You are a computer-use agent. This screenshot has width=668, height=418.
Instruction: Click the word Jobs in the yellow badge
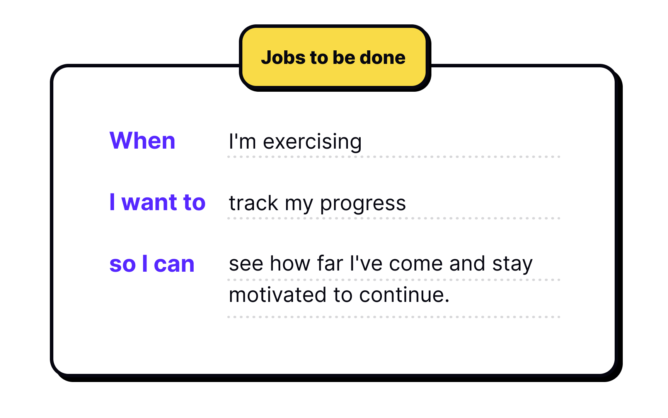tap(283, 58)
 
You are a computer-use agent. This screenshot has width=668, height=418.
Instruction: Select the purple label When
tap(142, 140)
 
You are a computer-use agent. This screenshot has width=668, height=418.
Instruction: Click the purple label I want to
tap(157, 202)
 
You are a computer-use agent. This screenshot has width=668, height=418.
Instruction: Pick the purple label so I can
tap(152, 264)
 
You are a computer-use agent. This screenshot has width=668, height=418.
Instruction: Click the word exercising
tap(312, 142)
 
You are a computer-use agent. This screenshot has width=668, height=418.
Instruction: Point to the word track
tap(254, 203)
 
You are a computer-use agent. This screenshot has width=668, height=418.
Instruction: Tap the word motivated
tap(278, 295)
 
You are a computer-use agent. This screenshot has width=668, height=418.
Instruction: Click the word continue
tap(404, 295)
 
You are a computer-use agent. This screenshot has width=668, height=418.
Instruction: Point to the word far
tap(330, 264)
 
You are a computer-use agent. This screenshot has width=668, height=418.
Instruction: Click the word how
tap(290, 264)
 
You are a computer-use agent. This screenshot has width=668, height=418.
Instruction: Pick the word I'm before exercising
tap(242, 141)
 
